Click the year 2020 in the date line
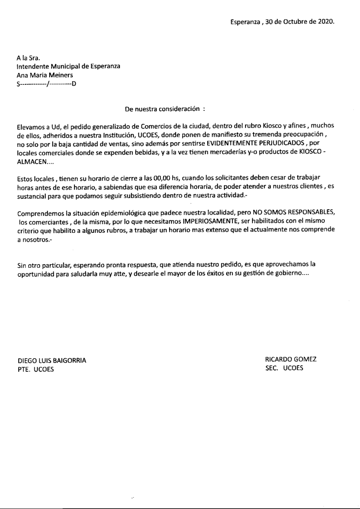coord(326,22)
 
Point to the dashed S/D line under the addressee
coord(46,83)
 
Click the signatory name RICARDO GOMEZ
coord(291,359)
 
